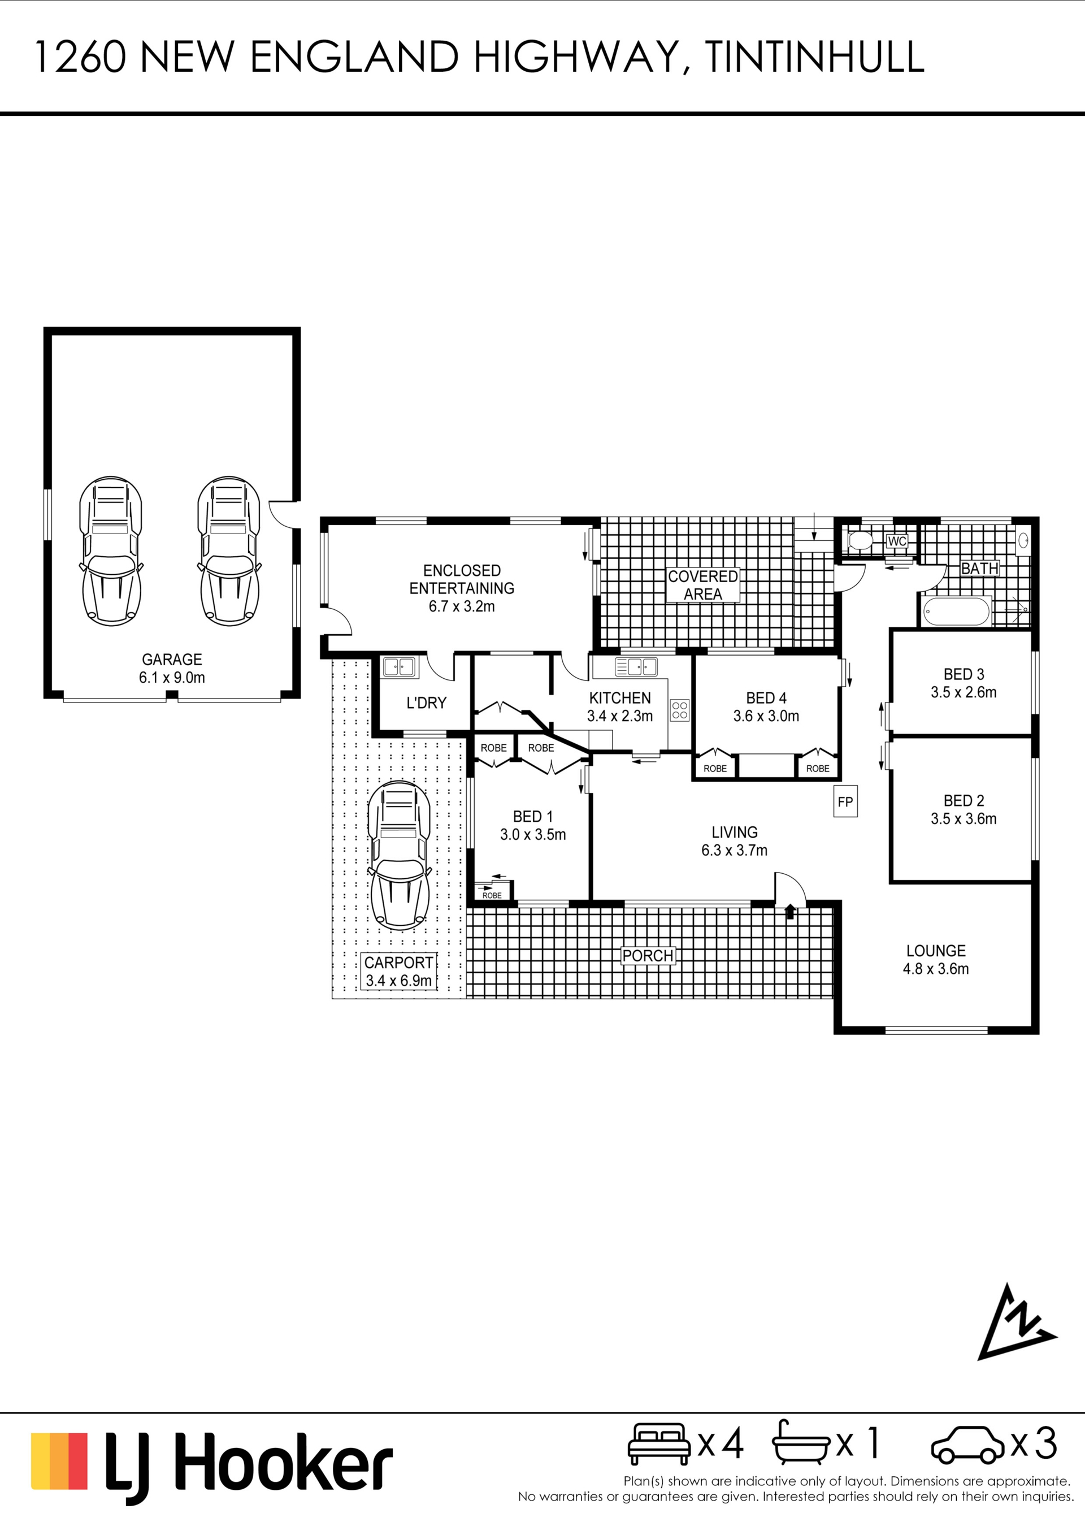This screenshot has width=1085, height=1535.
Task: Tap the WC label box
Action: [x=896, y=541]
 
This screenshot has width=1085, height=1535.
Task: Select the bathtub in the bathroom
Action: [x=955, y=611]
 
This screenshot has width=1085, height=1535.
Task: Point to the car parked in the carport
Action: [x=400, y=856]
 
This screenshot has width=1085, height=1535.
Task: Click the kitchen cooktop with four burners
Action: [x=680, y=710]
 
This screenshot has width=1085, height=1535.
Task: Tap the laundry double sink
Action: [x=398, y=666]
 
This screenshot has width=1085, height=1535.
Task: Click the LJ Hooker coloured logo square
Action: [x=59, y=1461]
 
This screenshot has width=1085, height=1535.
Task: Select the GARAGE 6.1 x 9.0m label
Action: [x=172, y=668]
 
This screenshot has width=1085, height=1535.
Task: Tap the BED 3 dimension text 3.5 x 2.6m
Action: [x=964, y=693]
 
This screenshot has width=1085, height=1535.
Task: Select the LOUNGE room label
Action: [x=935, y=951]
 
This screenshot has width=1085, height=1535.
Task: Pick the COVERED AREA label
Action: [x=702, y=585]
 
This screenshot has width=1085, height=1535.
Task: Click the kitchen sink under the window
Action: [x=636, y=666]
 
